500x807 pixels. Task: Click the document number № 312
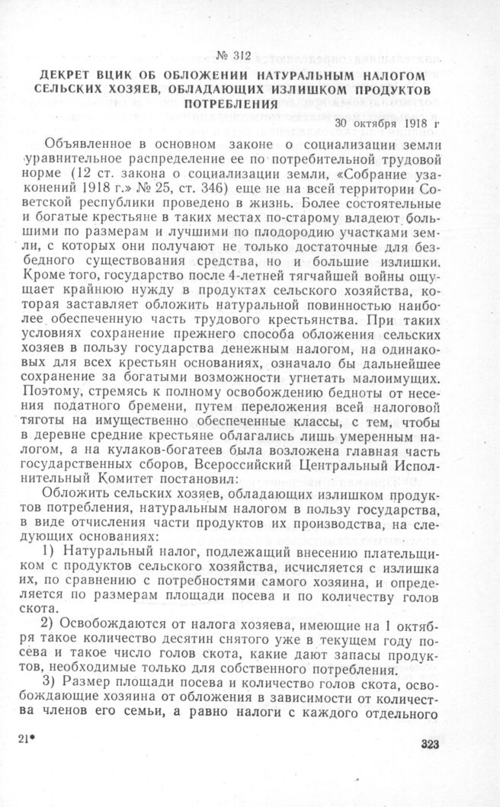(233, 54)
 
